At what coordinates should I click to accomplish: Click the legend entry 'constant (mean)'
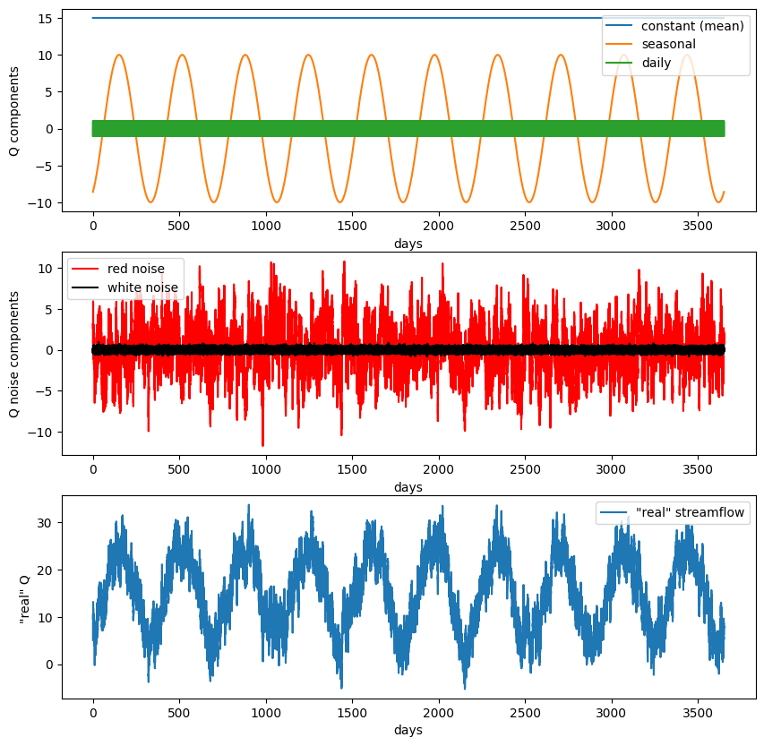tap(692, 26)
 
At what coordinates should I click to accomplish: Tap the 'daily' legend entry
tap(657, 63)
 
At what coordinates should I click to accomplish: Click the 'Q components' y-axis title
tap(14, 111)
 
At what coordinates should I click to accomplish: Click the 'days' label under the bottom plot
tap(408, 731)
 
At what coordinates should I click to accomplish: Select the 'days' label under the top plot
tap(408, 244)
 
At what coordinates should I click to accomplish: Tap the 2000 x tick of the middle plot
tap(439, 468)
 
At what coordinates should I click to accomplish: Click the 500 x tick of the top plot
tap(179, 225)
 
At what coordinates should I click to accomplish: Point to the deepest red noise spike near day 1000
tap(263, 445)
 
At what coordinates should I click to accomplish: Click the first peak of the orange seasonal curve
tap(118, 55)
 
